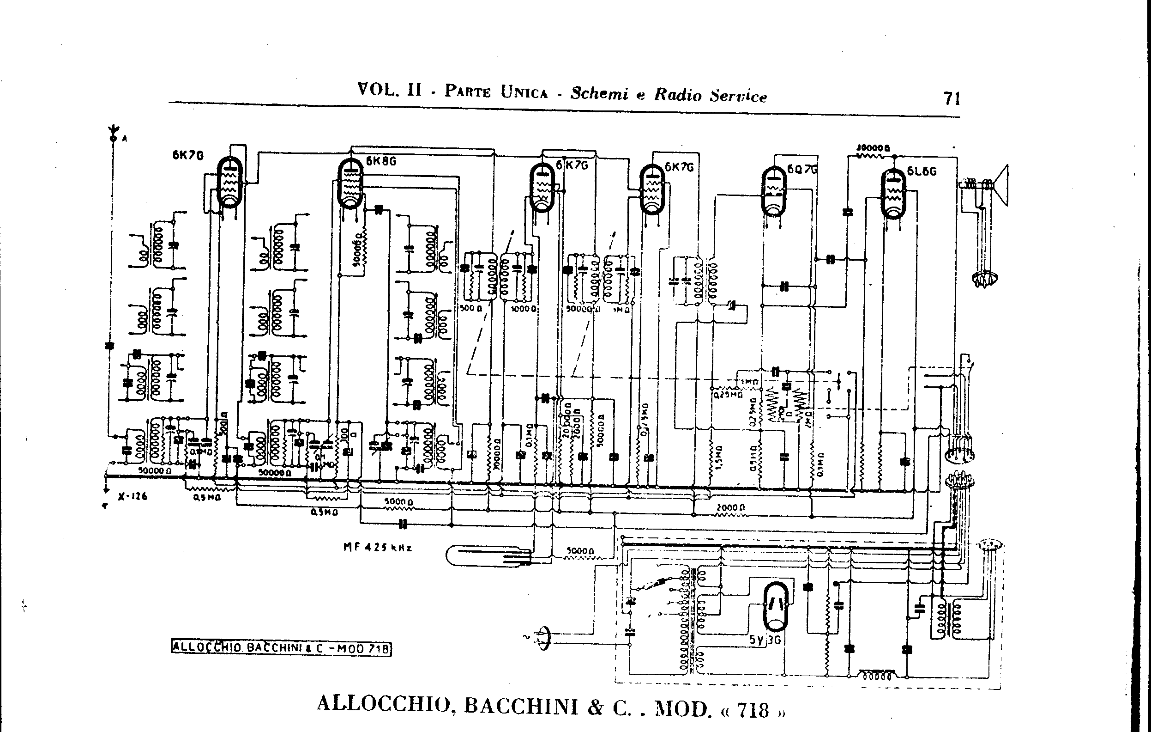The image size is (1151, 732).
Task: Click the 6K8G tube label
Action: click(381, 161)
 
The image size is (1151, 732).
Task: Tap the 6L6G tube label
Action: click(922, 171)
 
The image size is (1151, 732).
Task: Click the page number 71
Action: click(952, 98)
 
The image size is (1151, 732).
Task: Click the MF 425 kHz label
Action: click(377, 547)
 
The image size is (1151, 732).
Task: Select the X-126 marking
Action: click(133, 496)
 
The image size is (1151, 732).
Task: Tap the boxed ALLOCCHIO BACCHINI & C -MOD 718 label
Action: click(281, 648)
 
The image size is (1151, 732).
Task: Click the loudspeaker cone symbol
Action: click(1001, 185)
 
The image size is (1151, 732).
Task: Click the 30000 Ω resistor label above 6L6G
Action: click(872, 148)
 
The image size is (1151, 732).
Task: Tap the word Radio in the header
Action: click(678, 95)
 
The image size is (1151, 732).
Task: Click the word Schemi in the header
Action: click(599, 93)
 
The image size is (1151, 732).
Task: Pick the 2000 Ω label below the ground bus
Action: click(730, 507)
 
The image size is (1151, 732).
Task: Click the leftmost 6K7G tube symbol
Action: click(230, 183)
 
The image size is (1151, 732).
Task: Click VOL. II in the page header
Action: click(390, 90)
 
